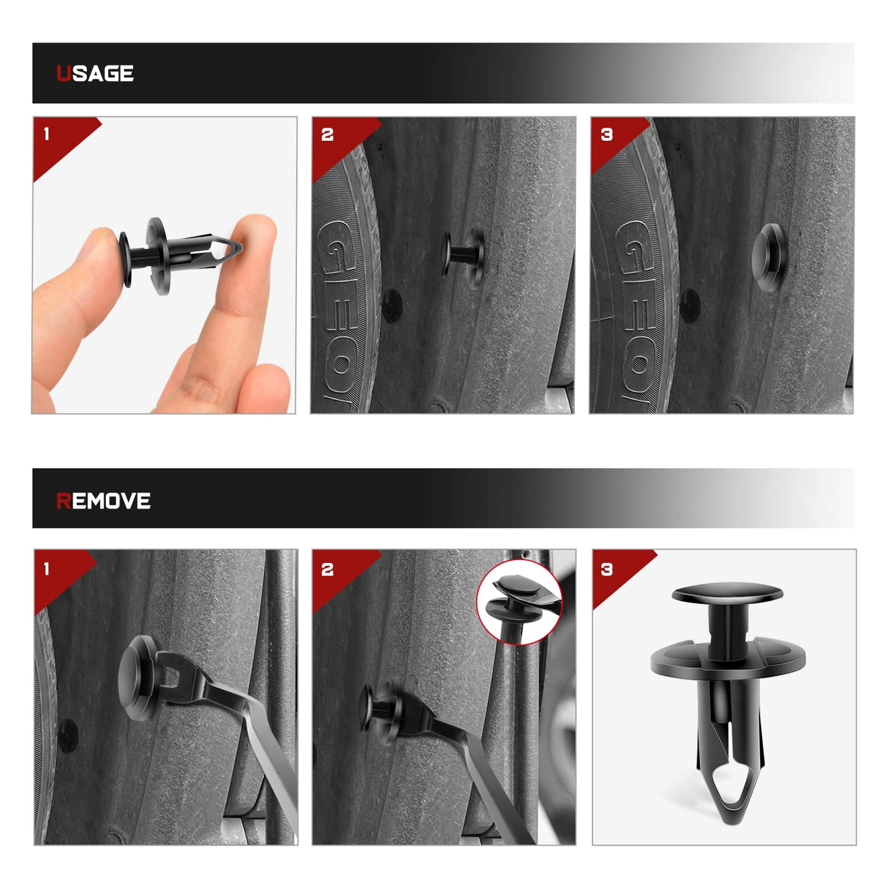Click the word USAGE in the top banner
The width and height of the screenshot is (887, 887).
pyautogui.click(x=95, y=73)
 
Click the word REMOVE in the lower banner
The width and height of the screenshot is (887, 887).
pyautogui.click(x=103, y=501)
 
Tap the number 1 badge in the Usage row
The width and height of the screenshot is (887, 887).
pyautogui.click(x=46, y=134)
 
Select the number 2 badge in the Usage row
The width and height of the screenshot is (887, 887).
pyautogui.click(x=327, y=135)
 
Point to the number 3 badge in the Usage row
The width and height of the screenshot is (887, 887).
pyautogui.click(x=606, y=134)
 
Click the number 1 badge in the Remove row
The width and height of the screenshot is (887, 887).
pyautogui.click(x=46, y=569)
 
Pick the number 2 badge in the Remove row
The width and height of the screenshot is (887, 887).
pyautogui.click(x=327, y=570)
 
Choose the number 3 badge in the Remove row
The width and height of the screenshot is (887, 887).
pyautogui.click(x=607, y=570)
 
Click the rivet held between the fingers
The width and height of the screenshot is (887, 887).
pyautogui.click(x=179, y=255)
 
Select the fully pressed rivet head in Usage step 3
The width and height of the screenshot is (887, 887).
pyautogui.click(x=769, y=258)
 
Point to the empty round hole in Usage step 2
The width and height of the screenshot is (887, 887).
pyautogui.click(x=392, y=305)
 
